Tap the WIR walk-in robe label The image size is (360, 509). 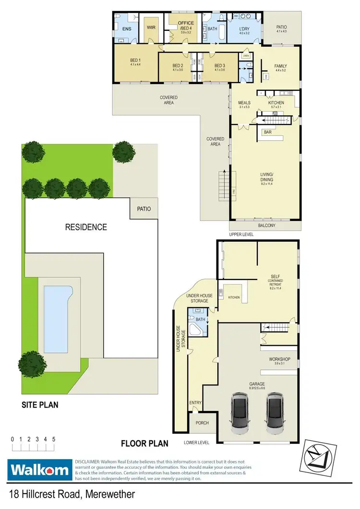152,27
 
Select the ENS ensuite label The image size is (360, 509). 127,29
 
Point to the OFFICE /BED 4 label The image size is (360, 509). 185,25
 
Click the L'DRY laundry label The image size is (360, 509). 244,28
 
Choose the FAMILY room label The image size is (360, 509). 280,66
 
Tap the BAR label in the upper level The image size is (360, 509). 268,132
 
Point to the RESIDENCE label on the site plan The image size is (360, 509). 86,227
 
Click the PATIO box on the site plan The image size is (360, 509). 144,209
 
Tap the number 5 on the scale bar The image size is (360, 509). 54,439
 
